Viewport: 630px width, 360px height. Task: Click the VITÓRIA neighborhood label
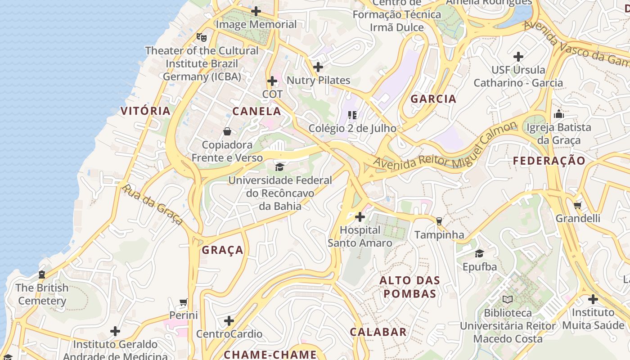[145, 111]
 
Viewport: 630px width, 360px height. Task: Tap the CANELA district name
[256, 111]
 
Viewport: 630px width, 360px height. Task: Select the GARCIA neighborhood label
[433, 99]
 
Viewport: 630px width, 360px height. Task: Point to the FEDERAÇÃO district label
[549, 161]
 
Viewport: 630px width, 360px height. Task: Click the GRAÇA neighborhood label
[222, 250]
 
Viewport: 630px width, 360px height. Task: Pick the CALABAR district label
[378, 332]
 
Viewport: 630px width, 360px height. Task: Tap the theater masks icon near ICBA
[201, 37]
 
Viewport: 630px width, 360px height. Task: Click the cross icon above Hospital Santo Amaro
[360, 217]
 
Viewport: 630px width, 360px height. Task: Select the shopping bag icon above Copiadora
[227, 131]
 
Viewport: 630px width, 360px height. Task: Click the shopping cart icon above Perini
[183, 302]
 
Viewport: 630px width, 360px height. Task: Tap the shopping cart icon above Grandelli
[578, 205]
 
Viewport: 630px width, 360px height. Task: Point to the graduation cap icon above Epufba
[479, 253]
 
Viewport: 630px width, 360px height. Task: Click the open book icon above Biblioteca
[508, 299]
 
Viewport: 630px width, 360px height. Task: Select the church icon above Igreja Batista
[559, 114]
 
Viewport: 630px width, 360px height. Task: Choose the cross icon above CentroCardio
[229, 321]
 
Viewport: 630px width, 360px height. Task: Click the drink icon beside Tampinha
[439, 221]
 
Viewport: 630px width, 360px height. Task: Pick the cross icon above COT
[272, 81]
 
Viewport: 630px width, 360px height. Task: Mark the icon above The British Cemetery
[42, 274]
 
